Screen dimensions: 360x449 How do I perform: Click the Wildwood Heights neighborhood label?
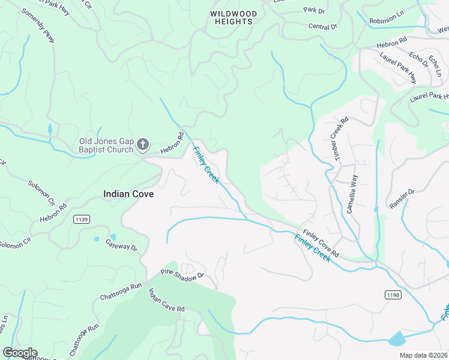(234, 17)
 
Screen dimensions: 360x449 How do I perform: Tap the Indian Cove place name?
(128, 194)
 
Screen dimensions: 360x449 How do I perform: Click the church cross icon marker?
(143, 144)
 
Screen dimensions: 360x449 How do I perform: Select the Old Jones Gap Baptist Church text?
(106, 145)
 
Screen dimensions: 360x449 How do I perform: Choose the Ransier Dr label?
(402, 199)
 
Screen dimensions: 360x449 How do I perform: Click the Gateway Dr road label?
(122, 245)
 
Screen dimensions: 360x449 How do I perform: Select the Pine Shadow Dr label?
(183, 274)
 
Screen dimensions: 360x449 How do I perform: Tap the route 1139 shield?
(82, 220)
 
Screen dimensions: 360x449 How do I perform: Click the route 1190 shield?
(392, 295)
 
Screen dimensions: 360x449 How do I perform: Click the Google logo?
(20, 353)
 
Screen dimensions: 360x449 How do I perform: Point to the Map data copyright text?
(423, 355)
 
